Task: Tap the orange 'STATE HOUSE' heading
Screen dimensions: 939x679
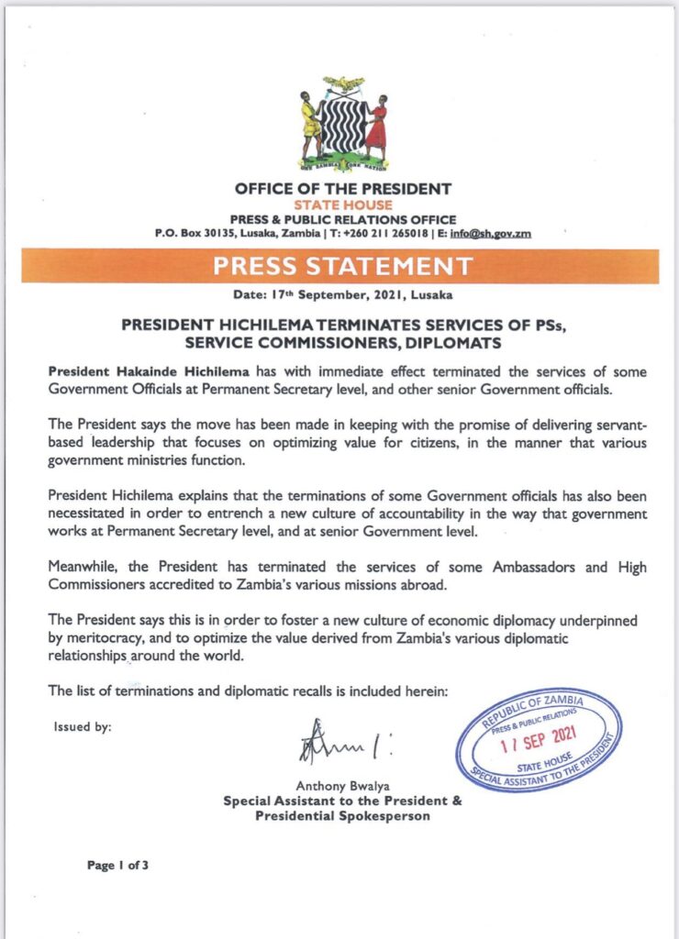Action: click(x=343, y=204)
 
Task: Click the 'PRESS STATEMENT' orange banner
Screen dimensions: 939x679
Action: click(x=343, y=267)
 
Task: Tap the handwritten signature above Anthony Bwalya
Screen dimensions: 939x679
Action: click(x=335, y=742)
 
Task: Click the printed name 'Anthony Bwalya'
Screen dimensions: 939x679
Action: click(x=342, y=786)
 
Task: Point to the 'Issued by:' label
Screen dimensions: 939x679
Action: click(x=84, y=727)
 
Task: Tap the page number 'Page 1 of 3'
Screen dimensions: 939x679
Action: click(x=118, y=864)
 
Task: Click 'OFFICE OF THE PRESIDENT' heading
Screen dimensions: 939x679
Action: click(x=343, y=189)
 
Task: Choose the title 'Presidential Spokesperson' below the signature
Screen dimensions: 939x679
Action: click(x=342, y=815)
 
